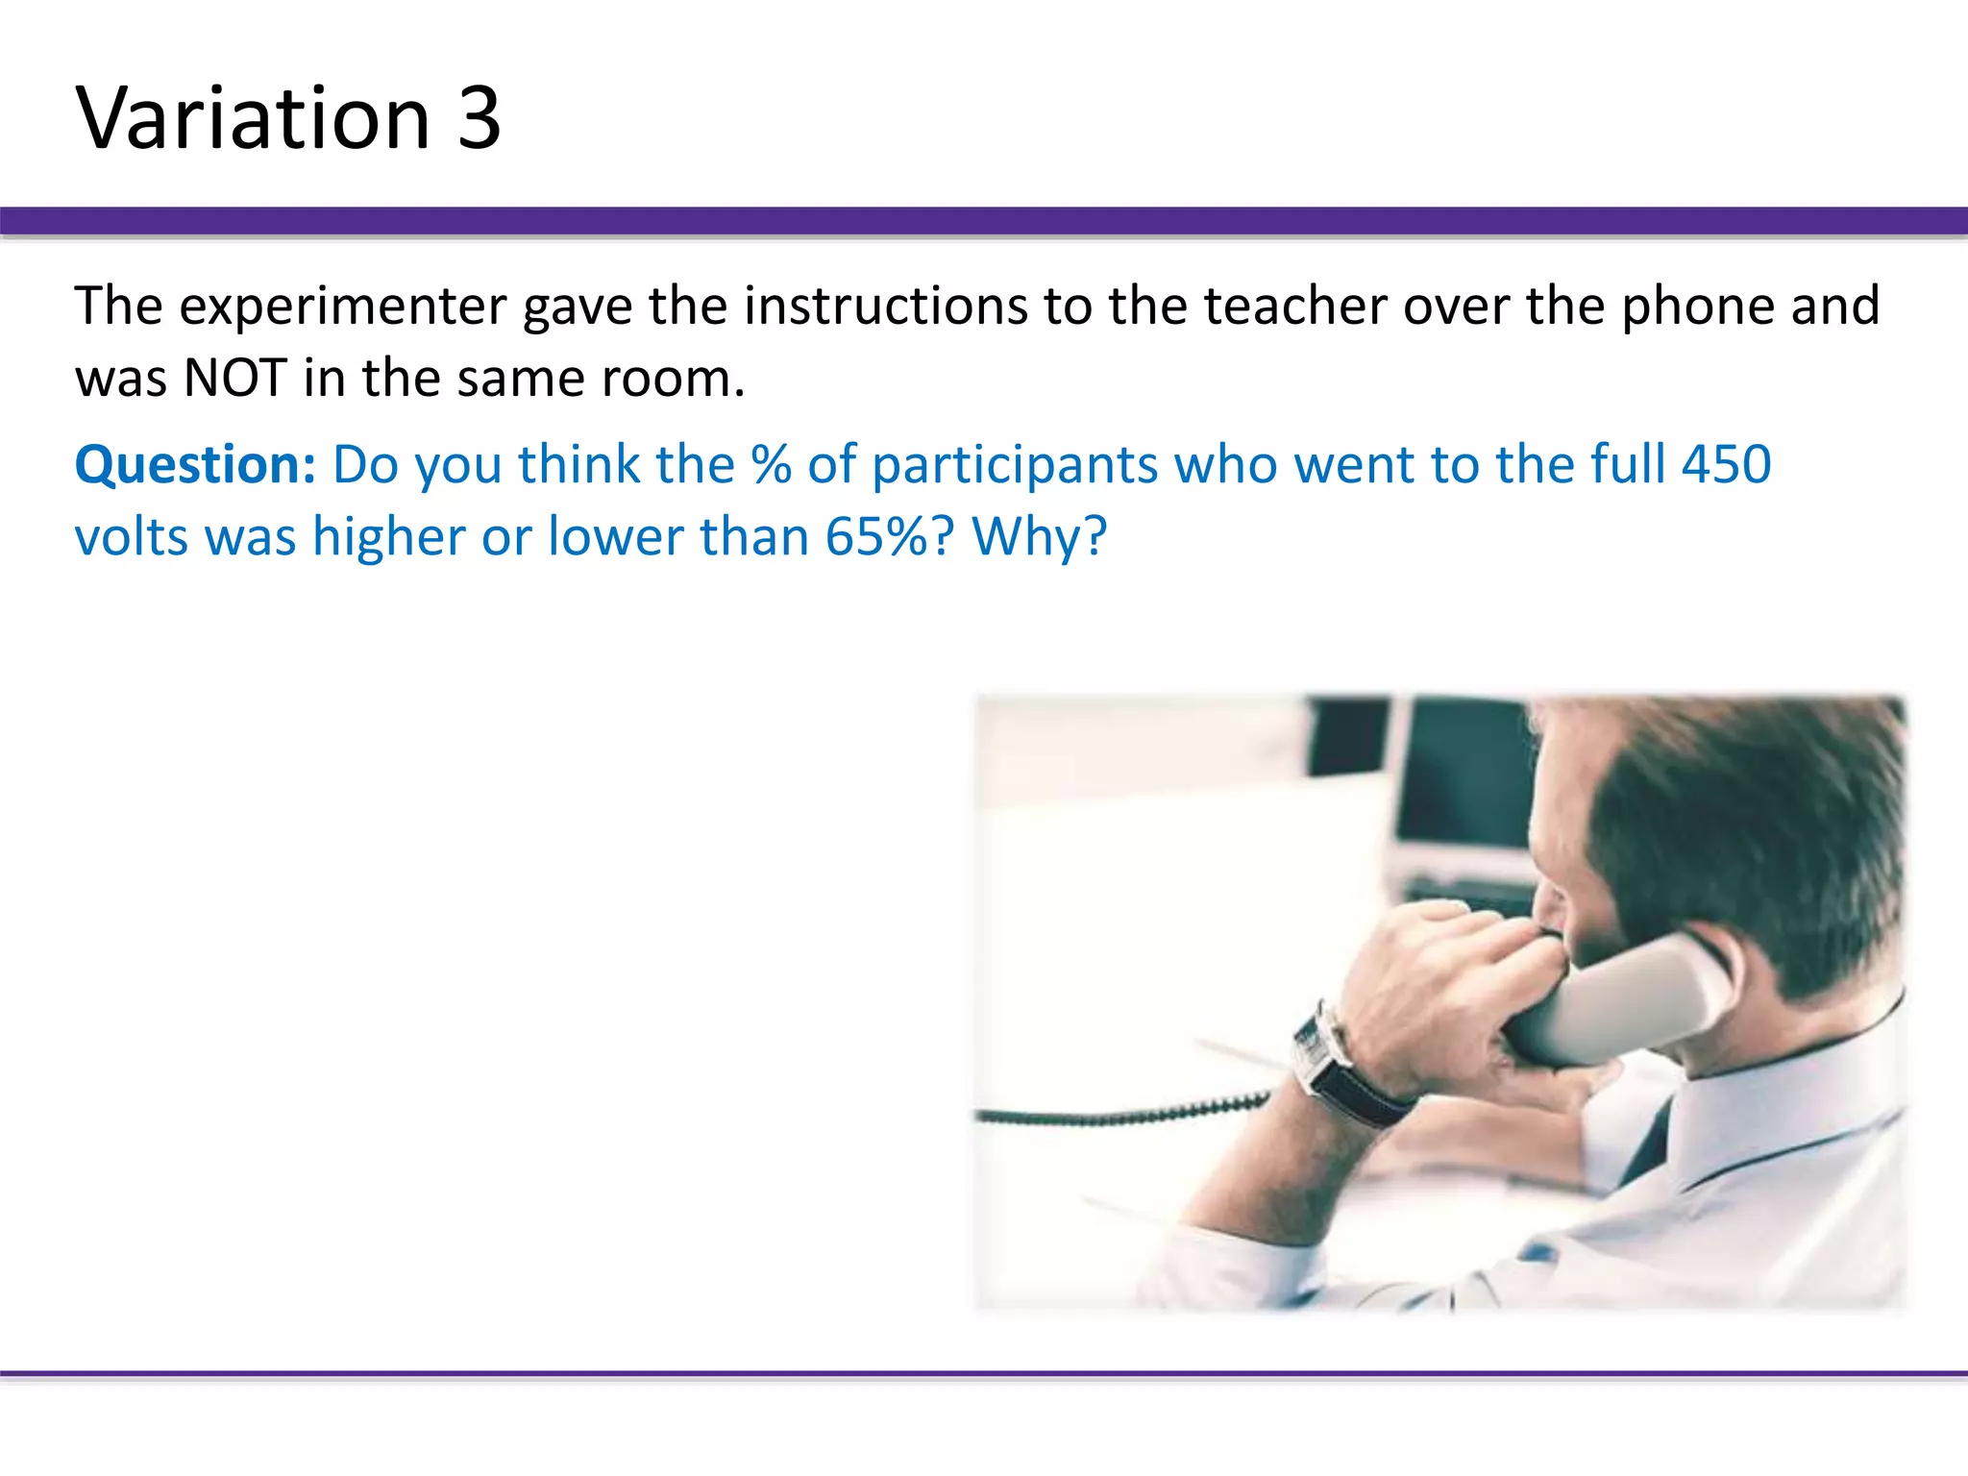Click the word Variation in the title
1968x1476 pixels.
[253, 118]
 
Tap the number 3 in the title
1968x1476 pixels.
[479, 118]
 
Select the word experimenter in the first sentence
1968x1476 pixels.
[343, 307]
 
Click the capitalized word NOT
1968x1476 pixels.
[234, 378]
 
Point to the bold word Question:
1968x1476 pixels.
[195, 465]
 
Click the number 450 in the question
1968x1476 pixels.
[1726, 465]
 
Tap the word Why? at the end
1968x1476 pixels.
[1040, 536]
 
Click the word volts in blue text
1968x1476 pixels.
[132, 536]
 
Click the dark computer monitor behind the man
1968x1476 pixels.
[1461, 778]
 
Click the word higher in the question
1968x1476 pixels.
[388, 536]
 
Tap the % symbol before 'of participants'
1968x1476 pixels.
[772, 465]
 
